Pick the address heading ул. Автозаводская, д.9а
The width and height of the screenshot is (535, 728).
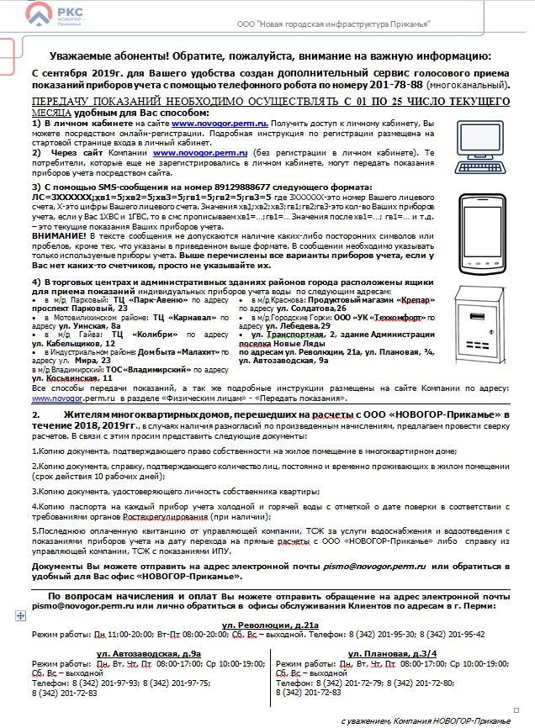[x=148, y=653]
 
